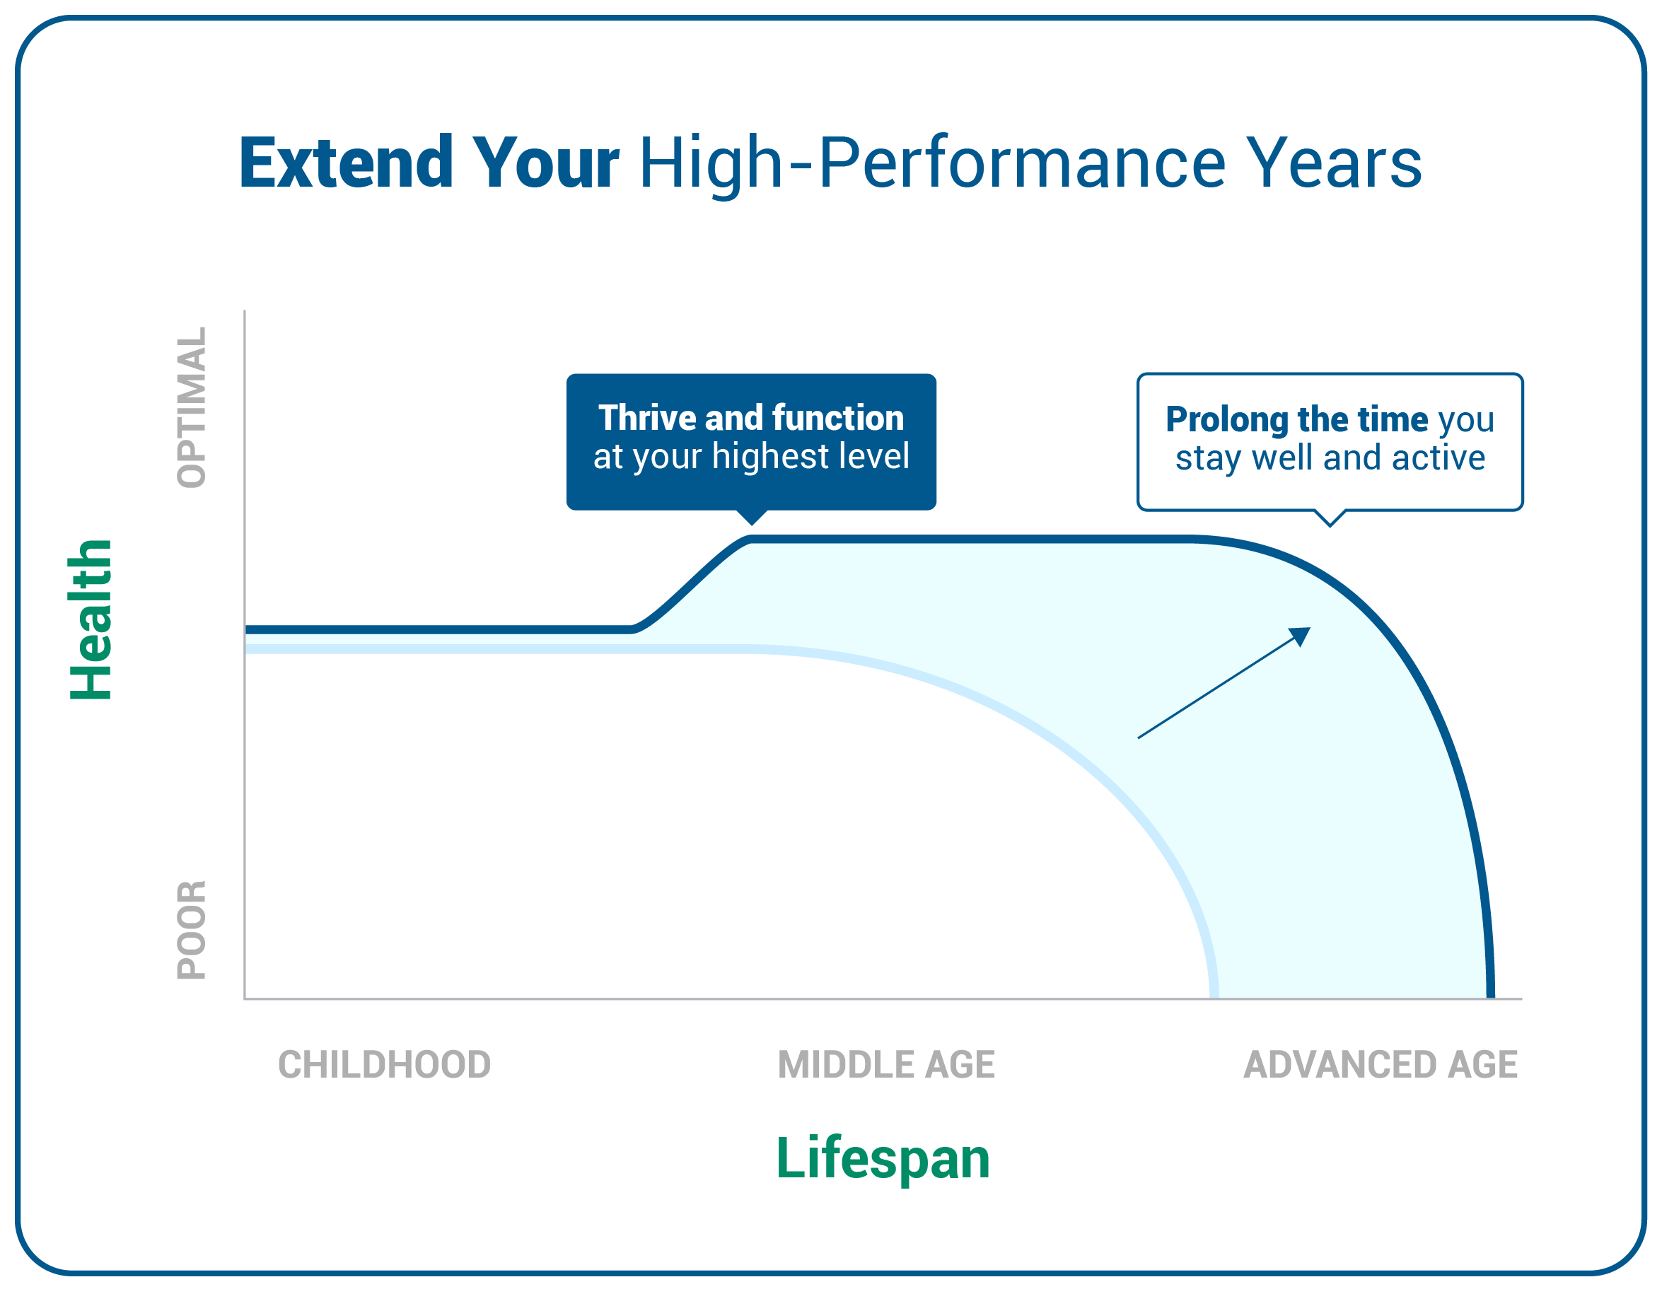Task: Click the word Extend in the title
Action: coord(347,162)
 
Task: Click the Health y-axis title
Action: coord(91,619)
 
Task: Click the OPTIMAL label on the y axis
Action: coord(191,407)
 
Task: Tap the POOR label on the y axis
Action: coord(191,930)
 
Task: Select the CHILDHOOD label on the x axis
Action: coord(384,1064)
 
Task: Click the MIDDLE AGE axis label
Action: coord(885,1064)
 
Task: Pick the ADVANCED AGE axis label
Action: coord(1381,1064)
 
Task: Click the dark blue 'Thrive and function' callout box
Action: coord(751,442)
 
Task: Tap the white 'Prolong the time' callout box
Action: coord(1330,442)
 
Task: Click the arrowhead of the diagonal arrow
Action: coord(1302,634)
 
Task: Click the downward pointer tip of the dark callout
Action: coord(752,524)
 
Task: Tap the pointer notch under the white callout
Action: coord(1330,525)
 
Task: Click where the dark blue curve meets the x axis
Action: coord(1491,996)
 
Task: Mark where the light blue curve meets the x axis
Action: coord(1214,996)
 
